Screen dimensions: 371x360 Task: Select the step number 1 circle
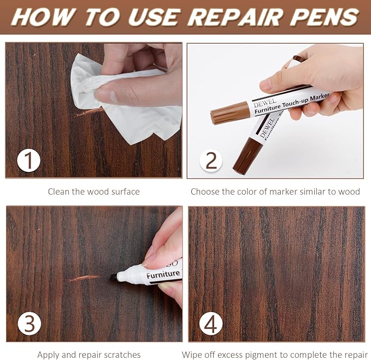coord(28,160)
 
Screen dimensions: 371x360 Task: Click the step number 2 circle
coord(211,160)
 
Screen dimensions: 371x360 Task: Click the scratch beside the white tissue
coord(89,113)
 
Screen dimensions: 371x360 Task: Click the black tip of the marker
coord(114,277)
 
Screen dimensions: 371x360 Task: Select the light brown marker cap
coord(230,113)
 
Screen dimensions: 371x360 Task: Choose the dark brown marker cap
coord(248,155)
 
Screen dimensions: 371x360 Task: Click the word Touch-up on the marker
coord(295,102)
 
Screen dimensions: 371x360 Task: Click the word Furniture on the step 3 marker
coord(163,274)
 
